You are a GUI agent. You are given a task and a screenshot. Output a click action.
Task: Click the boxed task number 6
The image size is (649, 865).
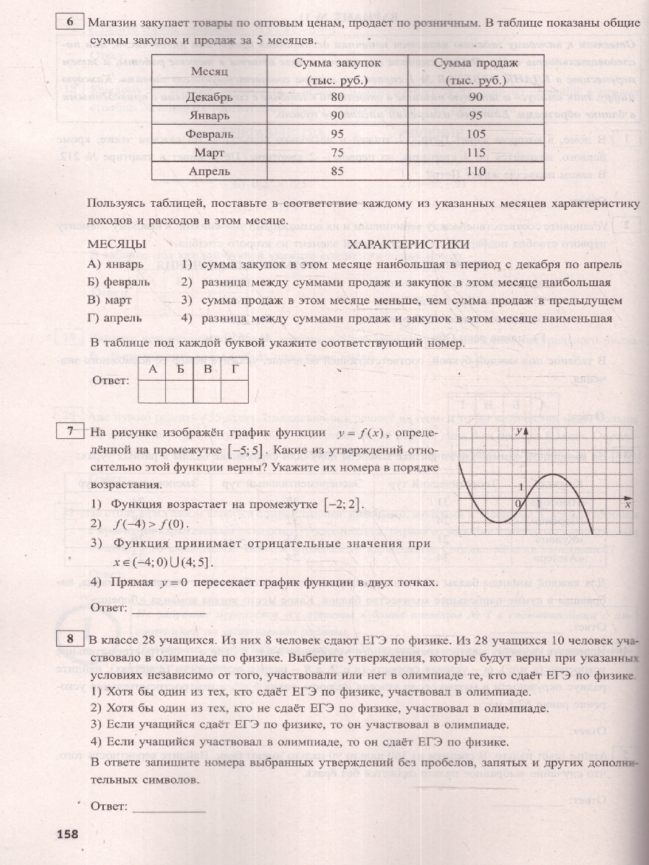[70, 22]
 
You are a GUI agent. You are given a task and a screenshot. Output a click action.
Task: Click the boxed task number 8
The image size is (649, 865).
[70, 639]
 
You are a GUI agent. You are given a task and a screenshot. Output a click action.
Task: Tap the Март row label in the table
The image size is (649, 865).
[209, 152]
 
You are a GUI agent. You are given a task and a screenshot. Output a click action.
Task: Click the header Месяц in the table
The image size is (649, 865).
[209, 71]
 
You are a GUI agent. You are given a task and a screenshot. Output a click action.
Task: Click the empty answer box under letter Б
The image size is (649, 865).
[180, 390]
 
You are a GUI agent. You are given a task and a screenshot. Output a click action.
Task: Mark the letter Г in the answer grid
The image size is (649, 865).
[234, 369]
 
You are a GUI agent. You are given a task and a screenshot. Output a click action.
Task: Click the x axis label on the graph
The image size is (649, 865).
[627, 505]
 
